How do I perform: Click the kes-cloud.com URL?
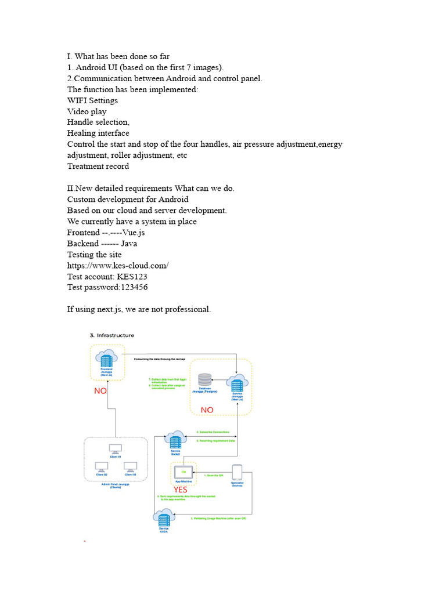pyautogui.click(x=118, y=266)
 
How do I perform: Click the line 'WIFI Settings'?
pyautogui.click(x=92, y=100)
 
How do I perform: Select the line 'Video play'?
pyautogui.click(x=87, y=111)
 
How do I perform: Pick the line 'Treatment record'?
pyautogui.click(x=98, y=166)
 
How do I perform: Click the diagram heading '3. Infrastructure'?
pyautogui.click(x=111, y=335)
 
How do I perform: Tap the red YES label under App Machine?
pyautogui.click(x=181, y=490)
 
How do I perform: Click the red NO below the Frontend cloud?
pyautogui.click(x=100, y=391)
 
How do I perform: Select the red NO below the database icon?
pyautogui.click(x=207, y=410)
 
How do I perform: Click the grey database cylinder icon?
pyautogui.click(x=204, y=380)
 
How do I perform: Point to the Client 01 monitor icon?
pyautogui.click(x=115, y=449)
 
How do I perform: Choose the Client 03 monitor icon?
pyautogui.click(x=130, y=466)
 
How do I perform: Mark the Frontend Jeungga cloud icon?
pyautogui.click(x=106, y=358)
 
